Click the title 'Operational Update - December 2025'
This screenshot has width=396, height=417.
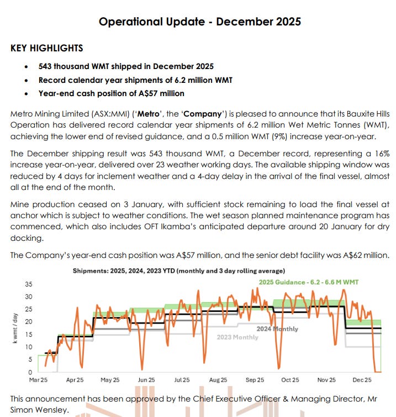[x=199, y=22]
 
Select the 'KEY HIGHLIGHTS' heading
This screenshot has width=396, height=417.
[x=47, y=49]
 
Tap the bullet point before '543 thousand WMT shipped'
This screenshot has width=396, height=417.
[x=28, y=66]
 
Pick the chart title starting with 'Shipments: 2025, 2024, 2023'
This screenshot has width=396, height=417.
[x=179, y=271]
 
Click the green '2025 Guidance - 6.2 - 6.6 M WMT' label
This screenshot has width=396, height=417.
[x=309, y=282]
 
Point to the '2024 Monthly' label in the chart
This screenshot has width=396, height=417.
[x=277, y=329]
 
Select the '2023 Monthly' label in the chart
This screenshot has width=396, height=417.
[x=237, y=337]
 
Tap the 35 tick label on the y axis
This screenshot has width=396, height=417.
[x=29, y=284]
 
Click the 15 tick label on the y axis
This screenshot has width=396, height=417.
[x=29, y=334]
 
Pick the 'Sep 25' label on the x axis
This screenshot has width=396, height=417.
[x=255, y=380]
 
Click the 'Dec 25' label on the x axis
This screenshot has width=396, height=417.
[x=362, y=380]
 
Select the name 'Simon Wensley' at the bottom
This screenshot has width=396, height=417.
[x=37, y=410]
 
